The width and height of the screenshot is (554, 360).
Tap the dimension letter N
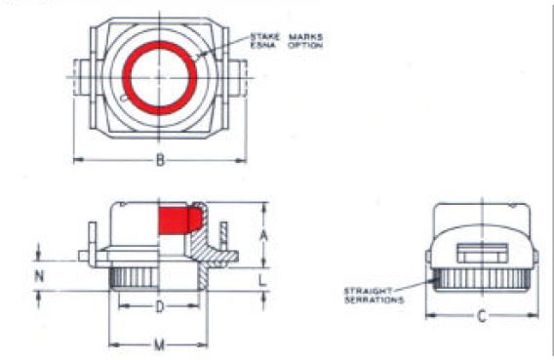(x=39, y=276)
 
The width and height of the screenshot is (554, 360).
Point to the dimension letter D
(x=160, y=307)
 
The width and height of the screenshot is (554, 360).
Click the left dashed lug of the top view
(x=80, y=73)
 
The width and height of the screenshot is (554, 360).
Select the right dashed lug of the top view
(x=239, y=73)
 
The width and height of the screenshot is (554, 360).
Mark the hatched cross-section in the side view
(x=204, y=244)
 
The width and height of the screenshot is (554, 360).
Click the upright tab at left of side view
(x=92, y=240)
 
